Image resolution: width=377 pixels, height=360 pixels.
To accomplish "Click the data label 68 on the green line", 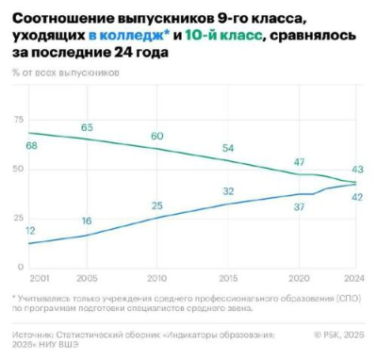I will [x=32, y=146].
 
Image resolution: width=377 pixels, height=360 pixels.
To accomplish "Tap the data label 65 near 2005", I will [x=86, y=128].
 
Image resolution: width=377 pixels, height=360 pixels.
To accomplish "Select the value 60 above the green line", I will [x=156, y=137].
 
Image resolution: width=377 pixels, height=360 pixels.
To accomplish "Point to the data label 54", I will [x=227, y=149].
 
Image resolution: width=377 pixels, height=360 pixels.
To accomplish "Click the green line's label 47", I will [x=299, y=162].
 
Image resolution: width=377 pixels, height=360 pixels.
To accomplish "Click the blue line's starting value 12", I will [x=31, y=231].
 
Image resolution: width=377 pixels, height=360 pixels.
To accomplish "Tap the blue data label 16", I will [x=86, y=221].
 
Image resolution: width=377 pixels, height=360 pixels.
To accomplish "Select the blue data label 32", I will [x=227, y=191].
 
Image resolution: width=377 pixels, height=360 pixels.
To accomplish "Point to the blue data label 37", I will [x=301, y=206].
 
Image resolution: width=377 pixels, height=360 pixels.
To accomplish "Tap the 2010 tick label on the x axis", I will [x=156, y=279].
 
